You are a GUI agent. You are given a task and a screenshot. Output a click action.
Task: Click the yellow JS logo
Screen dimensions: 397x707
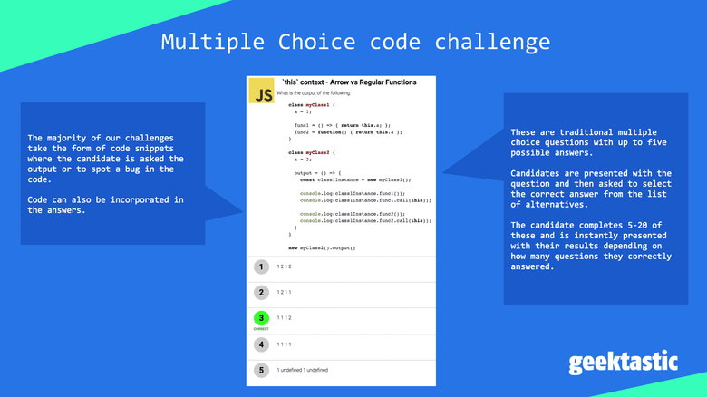point(263,94)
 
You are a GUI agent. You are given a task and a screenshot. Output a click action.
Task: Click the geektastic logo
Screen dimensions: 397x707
point(623,362)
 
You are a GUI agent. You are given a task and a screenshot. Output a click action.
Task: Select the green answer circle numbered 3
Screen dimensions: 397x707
point(261,318)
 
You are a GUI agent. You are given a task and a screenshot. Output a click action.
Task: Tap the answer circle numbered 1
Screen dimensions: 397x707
point(261,266)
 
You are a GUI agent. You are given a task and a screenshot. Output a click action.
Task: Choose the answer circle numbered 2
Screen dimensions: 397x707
point(261,292)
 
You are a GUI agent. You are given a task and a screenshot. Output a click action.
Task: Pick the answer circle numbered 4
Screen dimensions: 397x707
point(261,344)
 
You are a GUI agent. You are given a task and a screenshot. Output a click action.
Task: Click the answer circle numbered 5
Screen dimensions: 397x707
point(261,370)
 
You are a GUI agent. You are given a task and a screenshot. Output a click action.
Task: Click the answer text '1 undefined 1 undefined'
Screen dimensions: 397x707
point(303,370)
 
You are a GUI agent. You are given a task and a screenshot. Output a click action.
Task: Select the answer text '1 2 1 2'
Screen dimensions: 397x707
point(285,266)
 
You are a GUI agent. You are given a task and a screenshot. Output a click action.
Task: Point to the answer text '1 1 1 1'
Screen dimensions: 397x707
point(285,344)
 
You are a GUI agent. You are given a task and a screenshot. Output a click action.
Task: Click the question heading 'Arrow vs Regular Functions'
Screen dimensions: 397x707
point(372,82)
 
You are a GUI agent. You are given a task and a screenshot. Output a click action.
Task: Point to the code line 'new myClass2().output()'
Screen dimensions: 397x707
point(322,247)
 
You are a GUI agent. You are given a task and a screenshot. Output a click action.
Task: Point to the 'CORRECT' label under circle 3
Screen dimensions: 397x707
point(261,329)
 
